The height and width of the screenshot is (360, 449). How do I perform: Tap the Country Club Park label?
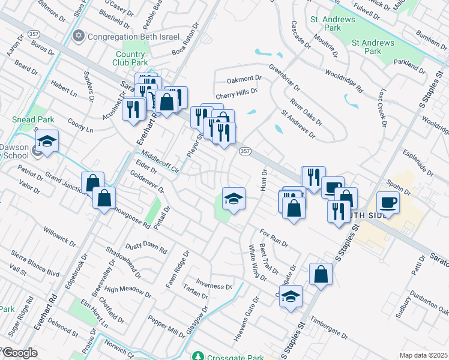(x=131, y=58)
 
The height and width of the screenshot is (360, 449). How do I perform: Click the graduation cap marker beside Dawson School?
(x=46, y=142)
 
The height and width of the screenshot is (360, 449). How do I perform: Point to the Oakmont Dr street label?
(x=244, y=79)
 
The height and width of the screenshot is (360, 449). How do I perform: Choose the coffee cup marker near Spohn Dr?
(x=387, y=202)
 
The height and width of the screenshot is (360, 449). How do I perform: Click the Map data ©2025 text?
(x=423, y=355)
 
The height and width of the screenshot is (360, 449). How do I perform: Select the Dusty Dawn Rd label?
(x=146, y=247)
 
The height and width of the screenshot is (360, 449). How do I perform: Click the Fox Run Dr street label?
(x=274, y=238)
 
